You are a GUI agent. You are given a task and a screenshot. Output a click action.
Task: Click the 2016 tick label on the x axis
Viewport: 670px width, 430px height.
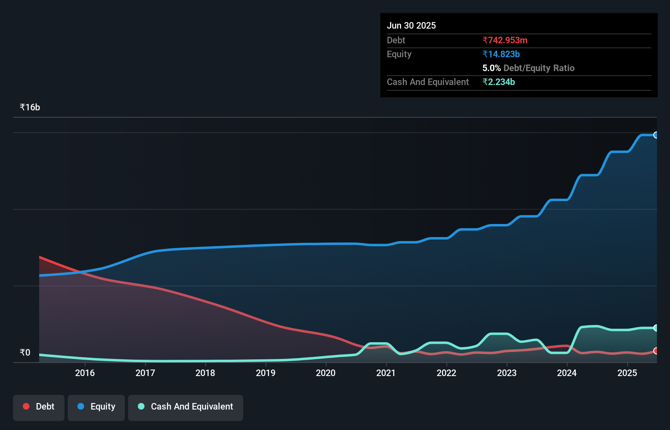click(85, 373)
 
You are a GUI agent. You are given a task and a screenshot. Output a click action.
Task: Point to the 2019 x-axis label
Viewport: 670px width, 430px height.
click(266, 373)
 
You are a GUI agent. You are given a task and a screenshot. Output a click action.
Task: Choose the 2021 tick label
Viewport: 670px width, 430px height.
click(386, 373)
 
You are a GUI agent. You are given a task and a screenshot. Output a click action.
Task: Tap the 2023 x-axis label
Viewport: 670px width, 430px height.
click(507, 373)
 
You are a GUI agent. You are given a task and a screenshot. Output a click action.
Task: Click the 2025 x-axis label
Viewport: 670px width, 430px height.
click(627, 373)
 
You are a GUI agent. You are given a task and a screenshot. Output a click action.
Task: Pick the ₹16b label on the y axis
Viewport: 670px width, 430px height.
click(30, 107)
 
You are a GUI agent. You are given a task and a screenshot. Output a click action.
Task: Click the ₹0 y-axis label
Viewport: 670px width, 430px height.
click(25, 352)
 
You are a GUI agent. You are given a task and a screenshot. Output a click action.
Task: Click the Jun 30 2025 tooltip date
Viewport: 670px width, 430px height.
click(411, 25)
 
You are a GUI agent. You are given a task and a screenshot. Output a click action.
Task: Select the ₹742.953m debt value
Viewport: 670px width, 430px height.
click(505, 40)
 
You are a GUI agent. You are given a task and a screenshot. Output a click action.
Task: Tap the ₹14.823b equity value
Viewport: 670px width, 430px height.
click(501, 54)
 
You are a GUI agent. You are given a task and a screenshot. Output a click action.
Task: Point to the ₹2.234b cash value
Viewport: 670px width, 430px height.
click(499, 82)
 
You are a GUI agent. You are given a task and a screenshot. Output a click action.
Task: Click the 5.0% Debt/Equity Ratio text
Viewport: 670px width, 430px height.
click(528, 68)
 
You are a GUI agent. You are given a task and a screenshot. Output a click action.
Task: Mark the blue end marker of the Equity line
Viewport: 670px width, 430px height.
click(656, 135)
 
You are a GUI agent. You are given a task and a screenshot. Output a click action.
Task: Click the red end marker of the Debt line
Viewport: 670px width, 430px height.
click(656, 351)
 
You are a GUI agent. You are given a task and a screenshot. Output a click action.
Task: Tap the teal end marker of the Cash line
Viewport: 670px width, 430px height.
click(656, 328)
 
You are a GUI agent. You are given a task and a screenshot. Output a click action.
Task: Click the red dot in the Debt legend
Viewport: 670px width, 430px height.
click(26, 406)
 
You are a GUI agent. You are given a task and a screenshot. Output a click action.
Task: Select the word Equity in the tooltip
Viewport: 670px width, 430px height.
click(399, 54)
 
